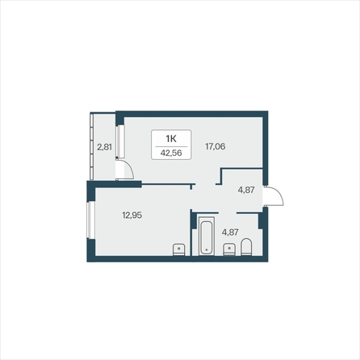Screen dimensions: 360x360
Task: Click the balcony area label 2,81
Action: (x=104, y=147)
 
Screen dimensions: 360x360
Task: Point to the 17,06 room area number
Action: (x=215, y=147)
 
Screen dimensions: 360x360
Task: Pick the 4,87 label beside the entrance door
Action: (x=246, y=190)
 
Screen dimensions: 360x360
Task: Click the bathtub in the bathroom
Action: (x=206, y=236)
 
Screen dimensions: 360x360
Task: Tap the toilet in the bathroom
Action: (x=249, y=247)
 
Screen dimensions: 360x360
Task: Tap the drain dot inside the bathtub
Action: (x=206, y=251)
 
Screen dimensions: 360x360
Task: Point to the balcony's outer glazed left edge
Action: (x=91, y=145)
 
